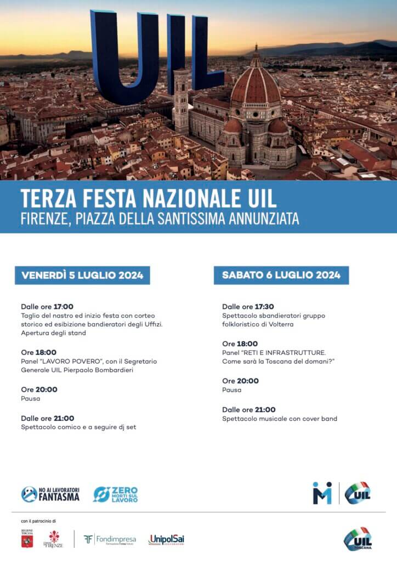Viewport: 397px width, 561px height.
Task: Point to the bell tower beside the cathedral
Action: coord(180,101)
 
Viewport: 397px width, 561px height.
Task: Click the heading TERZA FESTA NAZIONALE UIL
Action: coord(148,198)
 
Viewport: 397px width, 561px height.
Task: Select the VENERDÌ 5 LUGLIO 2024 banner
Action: coord(82,275)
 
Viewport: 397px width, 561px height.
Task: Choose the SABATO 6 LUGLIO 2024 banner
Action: coord(281,275)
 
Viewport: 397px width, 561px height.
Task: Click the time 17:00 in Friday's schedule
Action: coord(64,307)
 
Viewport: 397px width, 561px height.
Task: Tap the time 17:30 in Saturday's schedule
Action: coord(264,307)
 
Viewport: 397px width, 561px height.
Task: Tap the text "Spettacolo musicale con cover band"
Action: coord(280,419)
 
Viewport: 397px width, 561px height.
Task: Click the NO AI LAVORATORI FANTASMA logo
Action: coord(50,494)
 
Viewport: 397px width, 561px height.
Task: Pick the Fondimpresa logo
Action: coord(110,540)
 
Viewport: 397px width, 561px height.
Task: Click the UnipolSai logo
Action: coord(166,540)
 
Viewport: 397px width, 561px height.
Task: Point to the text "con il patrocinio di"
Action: coord(38,520)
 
